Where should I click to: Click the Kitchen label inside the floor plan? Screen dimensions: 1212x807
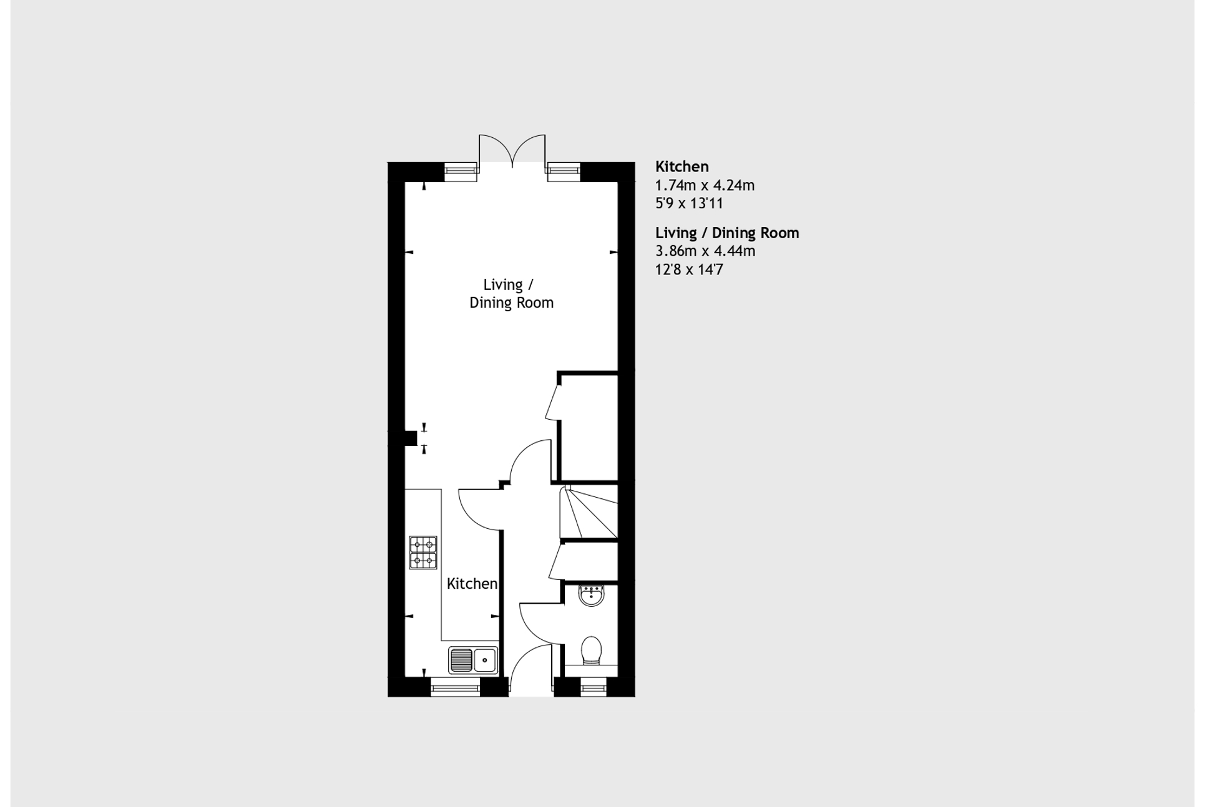coord(472,584)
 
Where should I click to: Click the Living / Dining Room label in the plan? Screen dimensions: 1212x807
coord(511,294)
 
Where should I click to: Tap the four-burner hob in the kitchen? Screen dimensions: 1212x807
coord(423,553)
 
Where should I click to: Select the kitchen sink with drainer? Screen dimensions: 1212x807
coord(473,660)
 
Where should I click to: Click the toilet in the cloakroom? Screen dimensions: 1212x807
coord(591,651)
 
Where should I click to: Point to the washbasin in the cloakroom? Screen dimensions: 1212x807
coord(591,596)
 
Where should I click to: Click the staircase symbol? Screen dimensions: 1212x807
coord(589,512)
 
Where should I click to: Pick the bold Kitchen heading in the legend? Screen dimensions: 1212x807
coord(682,167)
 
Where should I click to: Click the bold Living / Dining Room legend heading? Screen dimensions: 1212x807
coord(727,233)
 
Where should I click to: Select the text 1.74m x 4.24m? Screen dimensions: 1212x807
coord(705,185)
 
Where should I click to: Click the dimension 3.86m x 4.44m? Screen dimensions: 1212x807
coord(705,251)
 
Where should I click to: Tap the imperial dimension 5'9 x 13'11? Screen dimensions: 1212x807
coord(689,203)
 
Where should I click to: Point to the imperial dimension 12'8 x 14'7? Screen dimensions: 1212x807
coord(689,269)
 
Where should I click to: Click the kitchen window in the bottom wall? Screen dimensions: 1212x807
coord(455,687)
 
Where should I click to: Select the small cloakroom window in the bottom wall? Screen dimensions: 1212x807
coord(593,687)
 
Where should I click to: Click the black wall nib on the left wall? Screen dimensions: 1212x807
coord(409,438)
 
